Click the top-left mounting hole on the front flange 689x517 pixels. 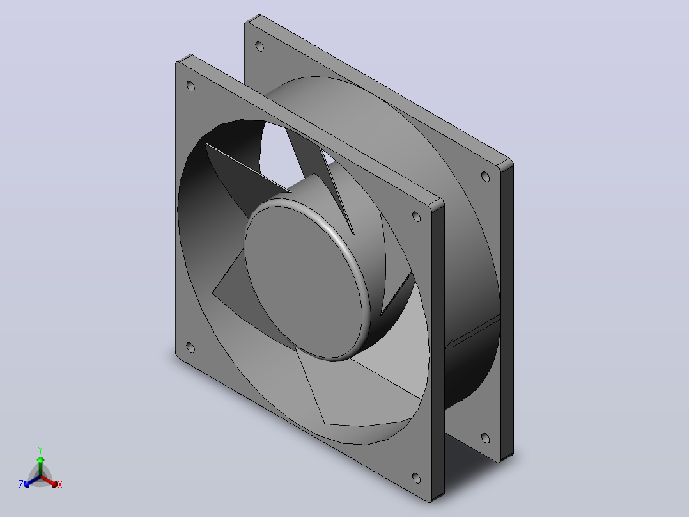pyautogui.click(x=190, y=86)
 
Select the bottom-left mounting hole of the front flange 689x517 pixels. pyautogui.click(x=190, y=347)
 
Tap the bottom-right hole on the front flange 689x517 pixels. pyautogui.click(x=416, y=478)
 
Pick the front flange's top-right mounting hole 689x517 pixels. pyautogui.click(x=416, y=216)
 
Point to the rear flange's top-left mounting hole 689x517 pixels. pyautogui.click(x=259, y=46)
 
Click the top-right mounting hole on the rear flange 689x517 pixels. pyautogui.click(x=485, y=177)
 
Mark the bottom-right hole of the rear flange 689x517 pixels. pyautogui.click(x=485, y=438)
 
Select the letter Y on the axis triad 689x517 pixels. pyautogui.click(x=40, y=450)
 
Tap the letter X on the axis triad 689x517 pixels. pyautogui.click(x=60, y=484)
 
